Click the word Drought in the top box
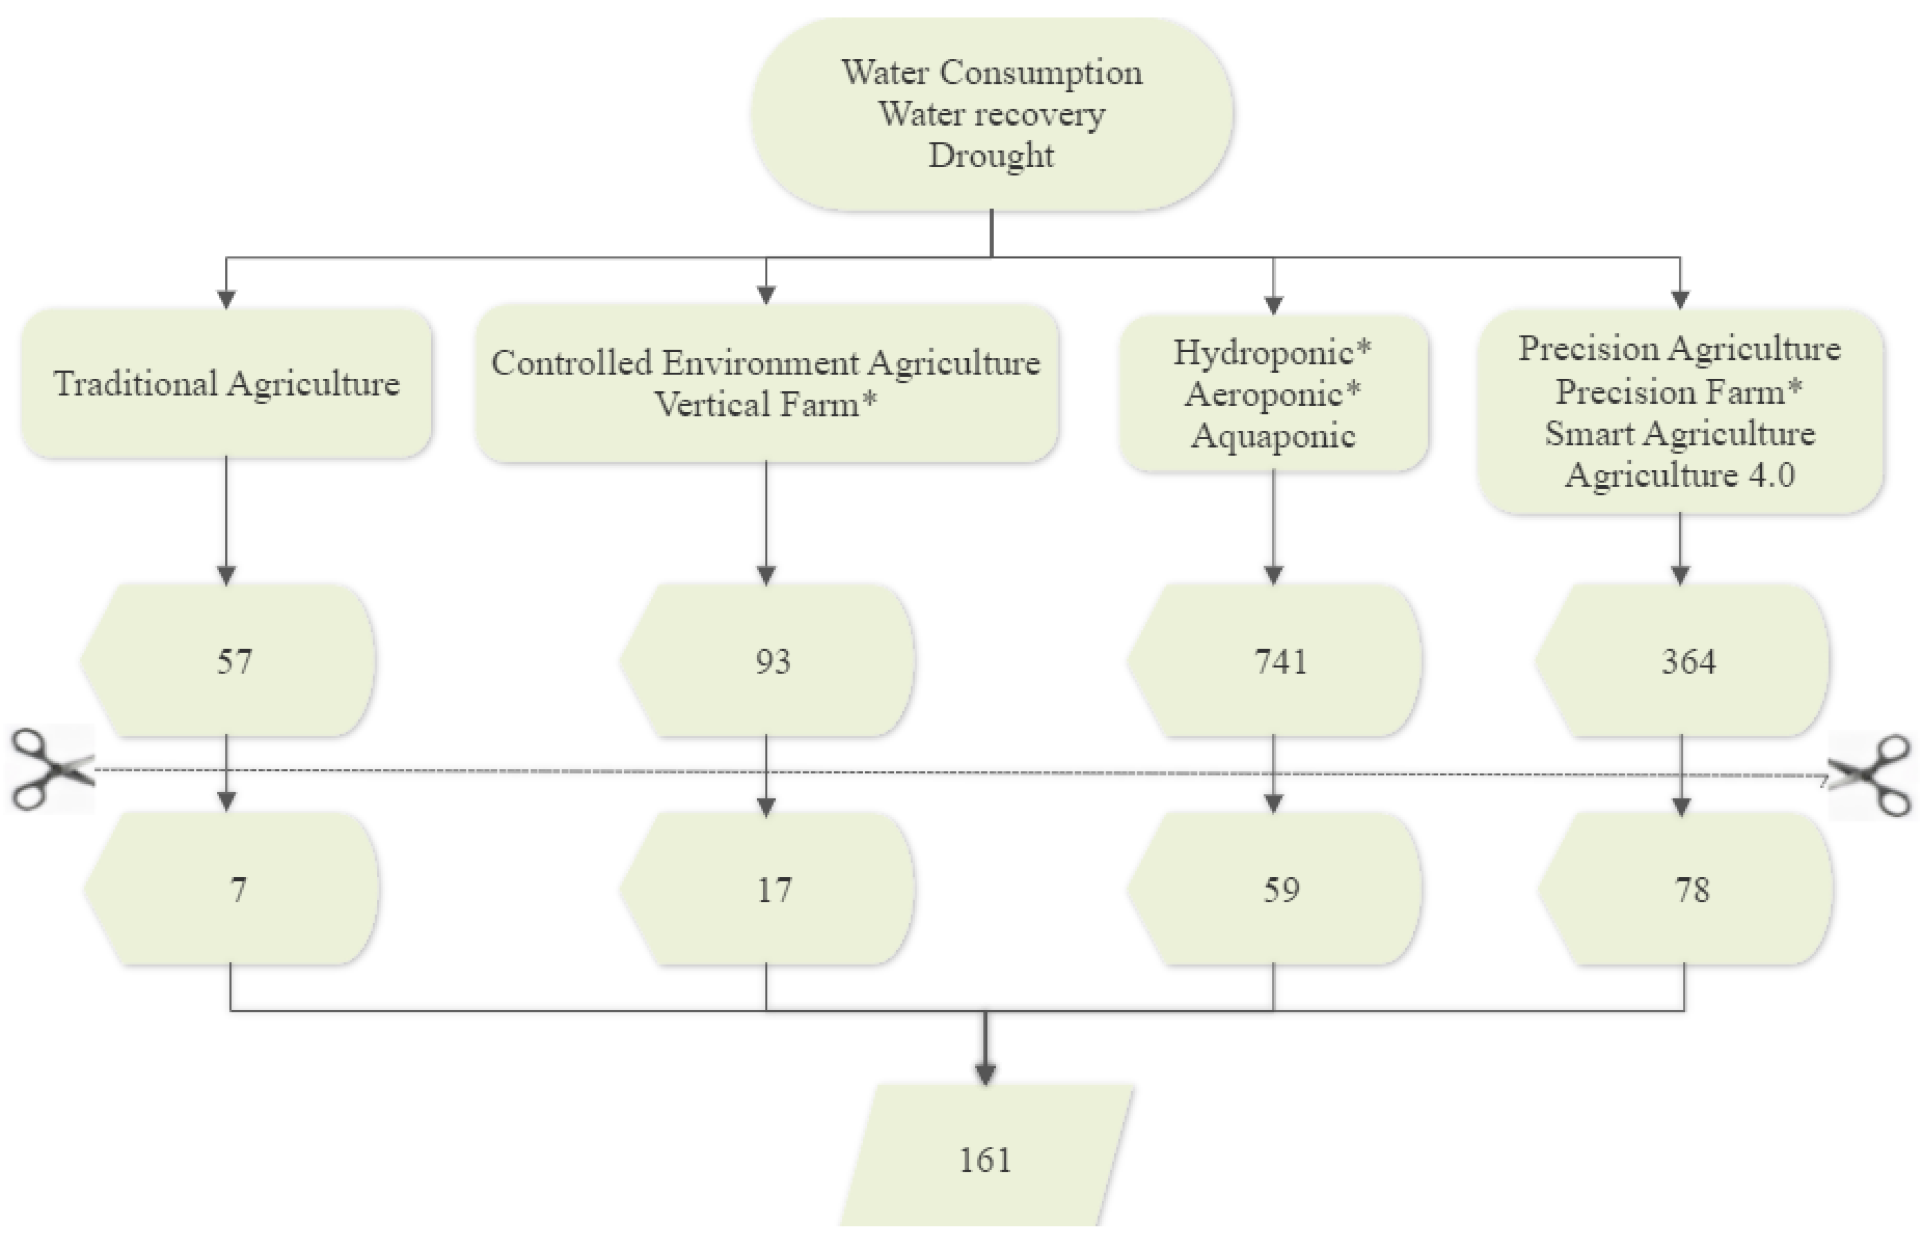click(x=991, y=155)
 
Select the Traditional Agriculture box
click(x=226, y=383)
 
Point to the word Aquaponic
click(x=1273, y=436)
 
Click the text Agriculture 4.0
click(x=1680, y=475)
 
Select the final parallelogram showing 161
click(x=986, y=1160)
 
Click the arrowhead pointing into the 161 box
click(x=986, y=1074)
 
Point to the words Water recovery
click(x=991, y=114)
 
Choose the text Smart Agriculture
click(x=1680, y=432)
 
